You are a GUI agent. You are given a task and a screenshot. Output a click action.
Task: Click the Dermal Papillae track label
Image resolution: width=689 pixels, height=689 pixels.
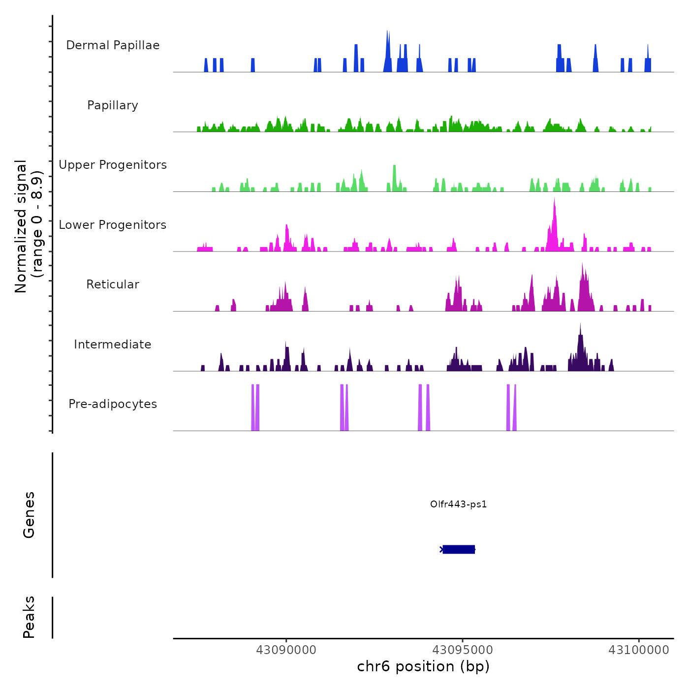[x=113, y=45]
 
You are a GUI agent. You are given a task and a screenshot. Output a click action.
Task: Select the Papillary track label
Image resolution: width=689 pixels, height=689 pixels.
[x=113, y=105]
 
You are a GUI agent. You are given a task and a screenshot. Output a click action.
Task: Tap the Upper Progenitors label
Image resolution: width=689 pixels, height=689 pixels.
[x=113, y=165]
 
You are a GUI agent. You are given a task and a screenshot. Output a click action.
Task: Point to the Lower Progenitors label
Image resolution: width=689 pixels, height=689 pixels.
[x=113, y=225]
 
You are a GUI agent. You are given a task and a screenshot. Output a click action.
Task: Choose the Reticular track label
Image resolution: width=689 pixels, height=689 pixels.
[x=113, y=284]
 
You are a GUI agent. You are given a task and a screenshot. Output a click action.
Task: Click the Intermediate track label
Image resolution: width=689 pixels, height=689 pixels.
[x=113, y=344]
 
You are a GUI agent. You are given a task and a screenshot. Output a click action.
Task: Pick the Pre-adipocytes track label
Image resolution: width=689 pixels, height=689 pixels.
[x=113, y=404]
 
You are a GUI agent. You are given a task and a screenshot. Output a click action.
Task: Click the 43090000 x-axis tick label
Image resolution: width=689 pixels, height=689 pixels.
[x=286, y=650]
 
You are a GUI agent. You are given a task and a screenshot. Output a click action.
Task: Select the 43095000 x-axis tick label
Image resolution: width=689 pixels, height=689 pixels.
[x=463, y=650]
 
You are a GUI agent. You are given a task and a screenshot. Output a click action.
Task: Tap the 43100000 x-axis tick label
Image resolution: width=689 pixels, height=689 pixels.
[x=639, y=650]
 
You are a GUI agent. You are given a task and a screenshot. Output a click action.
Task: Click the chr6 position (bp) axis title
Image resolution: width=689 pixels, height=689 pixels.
[x=423, y=666]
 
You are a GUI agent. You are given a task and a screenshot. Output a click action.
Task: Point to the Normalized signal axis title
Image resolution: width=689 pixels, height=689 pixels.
[x=29, y=226]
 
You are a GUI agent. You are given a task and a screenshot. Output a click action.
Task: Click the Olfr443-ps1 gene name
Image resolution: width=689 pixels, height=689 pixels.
[x=458, y=504]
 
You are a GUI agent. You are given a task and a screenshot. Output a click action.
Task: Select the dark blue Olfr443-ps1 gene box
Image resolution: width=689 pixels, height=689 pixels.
[x=459, y=549]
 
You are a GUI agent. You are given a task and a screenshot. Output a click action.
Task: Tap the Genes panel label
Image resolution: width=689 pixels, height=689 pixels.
[x=29, y=515]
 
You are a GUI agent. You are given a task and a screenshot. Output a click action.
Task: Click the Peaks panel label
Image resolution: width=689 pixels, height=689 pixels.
[x=29, y=617]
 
